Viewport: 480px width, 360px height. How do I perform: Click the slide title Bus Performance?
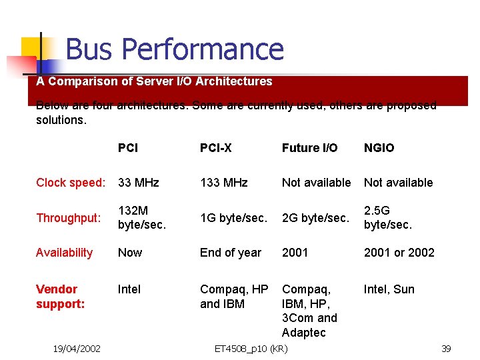pyautogui.click(x=175, y=49)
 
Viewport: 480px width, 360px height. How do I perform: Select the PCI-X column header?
pyautogui.click(x=216, y=148)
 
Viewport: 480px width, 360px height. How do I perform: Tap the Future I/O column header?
pyautogui.click(x=309, y=148)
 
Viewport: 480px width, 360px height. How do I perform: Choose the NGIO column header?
pyautogui.click(x=379, y=148)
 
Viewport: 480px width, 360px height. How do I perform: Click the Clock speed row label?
pyautogui.click(x=71, y=183)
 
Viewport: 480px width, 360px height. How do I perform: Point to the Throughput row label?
pyautogui.click(x=69, y=218)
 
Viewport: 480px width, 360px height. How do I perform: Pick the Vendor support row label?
pyautogui.click(x=60, y=296)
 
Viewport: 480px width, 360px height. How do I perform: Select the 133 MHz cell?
pyautogui.click(x=224, y=183)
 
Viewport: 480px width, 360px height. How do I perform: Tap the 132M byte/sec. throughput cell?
pyautogui.click(x=141, y=218)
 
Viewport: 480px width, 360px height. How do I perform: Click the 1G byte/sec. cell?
pyautogui.click(x=233, y=218)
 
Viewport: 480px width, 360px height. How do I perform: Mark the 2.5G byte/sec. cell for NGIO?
pyautogui.click(x=388, y=218)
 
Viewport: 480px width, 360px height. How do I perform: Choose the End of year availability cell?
pyautogui.click(x=231, y=253)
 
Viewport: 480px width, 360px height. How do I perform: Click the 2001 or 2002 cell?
pyautogui.click(x=399, y=253)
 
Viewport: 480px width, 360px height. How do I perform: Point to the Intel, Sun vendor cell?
pyautogui.click(x=389, y=289)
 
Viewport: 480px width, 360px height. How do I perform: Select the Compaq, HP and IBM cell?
pyautogui.click(x=234, y=296)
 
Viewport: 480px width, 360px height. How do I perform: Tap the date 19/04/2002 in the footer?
pyautogui.click(x=77, y=349)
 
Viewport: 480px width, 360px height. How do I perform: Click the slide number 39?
pyautogui.click(x=446, y=349)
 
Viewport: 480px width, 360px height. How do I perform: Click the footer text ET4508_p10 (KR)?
pyautogui.click(x=251, y=349)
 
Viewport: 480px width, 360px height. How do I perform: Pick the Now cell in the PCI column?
pyautogui.click(x=130, y=253)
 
